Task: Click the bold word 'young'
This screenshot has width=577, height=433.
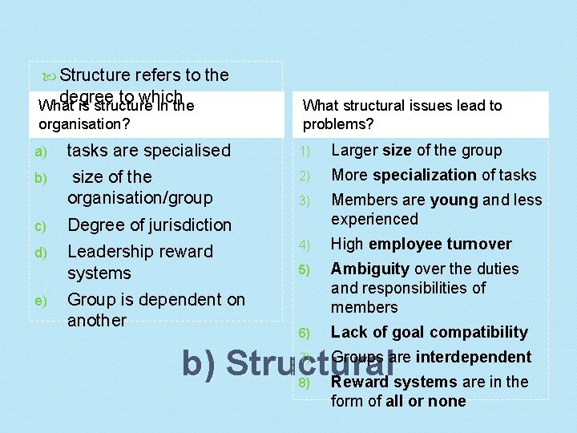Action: tap(453, 200)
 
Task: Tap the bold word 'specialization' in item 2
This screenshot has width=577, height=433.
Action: tap(425, 175)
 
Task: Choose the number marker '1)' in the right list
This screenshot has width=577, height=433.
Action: tap(305, 151)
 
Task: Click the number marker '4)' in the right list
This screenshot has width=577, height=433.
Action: tap(305, 245)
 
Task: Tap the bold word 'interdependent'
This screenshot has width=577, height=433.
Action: tap(474, 357)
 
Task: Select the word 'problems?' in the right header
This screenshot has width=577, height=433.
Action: tap(338, 124)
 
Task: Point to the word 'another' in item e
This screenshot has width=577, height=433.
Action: tap(97, 321)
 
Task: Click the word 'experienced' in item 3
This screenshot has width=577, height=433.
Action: tap(374, 219)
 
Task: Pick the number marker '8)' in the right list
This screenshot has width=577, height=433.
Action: tap(305, 382)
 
